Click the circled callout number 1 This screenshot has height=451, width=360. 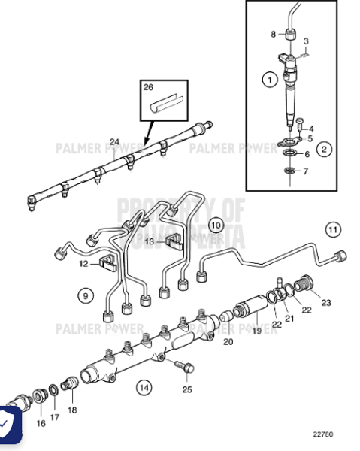click(x=267, y=77)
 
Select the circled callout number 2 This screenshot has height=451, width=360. click(x=325, y=150)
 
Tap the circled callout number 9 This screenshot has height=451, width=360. click(x=86, y=296)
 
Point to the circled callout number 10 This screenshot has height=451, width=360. click(x=215, y=224)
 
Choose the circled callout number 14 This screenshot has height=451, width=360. click(x=143, y=387)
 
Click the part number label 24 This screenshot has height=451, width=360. click(x=114, y=141)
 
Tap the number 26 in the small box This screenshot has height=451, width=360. click(x=149, y=87)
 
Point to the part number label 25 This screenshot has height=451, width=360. click(x=187, y=389)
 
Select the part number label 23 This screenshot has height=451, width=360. click(x=325, y=303)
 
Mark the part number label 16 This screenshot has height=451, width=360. click(x=40, y=423)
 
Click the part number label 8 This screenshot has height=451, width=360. click(x=274, y=34)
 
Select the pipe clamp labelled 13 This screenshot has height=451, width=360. click(x=175, y=241)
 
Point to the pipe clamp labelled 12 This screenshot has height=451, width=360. click(x=107, y=263)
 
